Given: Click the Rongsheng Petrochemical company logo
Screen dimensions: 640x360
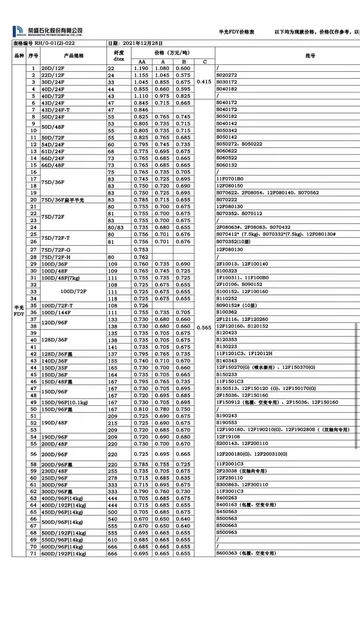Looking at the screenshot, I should pyautogui.click(x=47, y=31).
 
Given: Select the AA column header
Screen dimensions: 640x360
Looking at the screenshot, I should pyautogui.click(x=142, y=62).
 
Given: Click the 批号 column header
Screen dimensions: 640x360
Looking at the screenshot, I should pyautogui.click(x=310, y=56).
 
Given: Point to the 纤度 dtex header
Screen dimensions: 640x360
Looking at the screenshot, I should pyautogui.click(x=119, y=56).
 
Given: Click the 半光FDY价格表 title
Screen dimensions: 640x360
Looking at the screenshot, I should pyautogui.click(x=236, y=32).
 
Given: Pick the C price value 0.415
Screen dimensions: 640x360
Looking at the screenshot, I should pyautogui.click(x=204, y=82).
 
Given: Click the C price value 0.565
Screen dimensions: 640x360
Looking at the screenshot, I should pyautogui.click(x=204, y=328).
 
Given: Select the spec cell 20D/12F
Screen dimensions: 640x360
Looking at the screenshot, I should pyautogui.click(x=53, y=68).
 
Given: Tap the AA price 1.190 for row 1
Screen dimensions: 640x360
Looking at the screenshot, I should pyautogui.click(x=141, y=68).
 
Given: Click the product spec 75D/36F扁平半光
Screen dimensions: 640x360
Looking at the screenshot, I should pyautogui.click(x=63, y=200).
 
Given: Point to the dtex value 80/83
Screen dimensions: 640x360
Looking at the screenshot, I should pyautogui.click(x=115, y=228).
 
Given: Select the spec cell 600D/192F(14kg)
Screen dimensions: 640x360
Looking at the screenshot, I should pyautogui.click(x=63, y=554).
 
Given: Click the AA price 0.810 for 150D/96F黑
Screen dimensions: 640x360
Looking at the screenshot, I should pyautogui.click(x=141, y=409).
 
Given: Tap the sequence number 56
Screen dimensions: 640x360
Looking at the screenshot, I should pyautogui.click(x=33, y=454).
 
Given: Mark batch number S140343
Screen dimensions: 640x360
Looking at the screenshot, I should pyautogui.click(x=227, y=361).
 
